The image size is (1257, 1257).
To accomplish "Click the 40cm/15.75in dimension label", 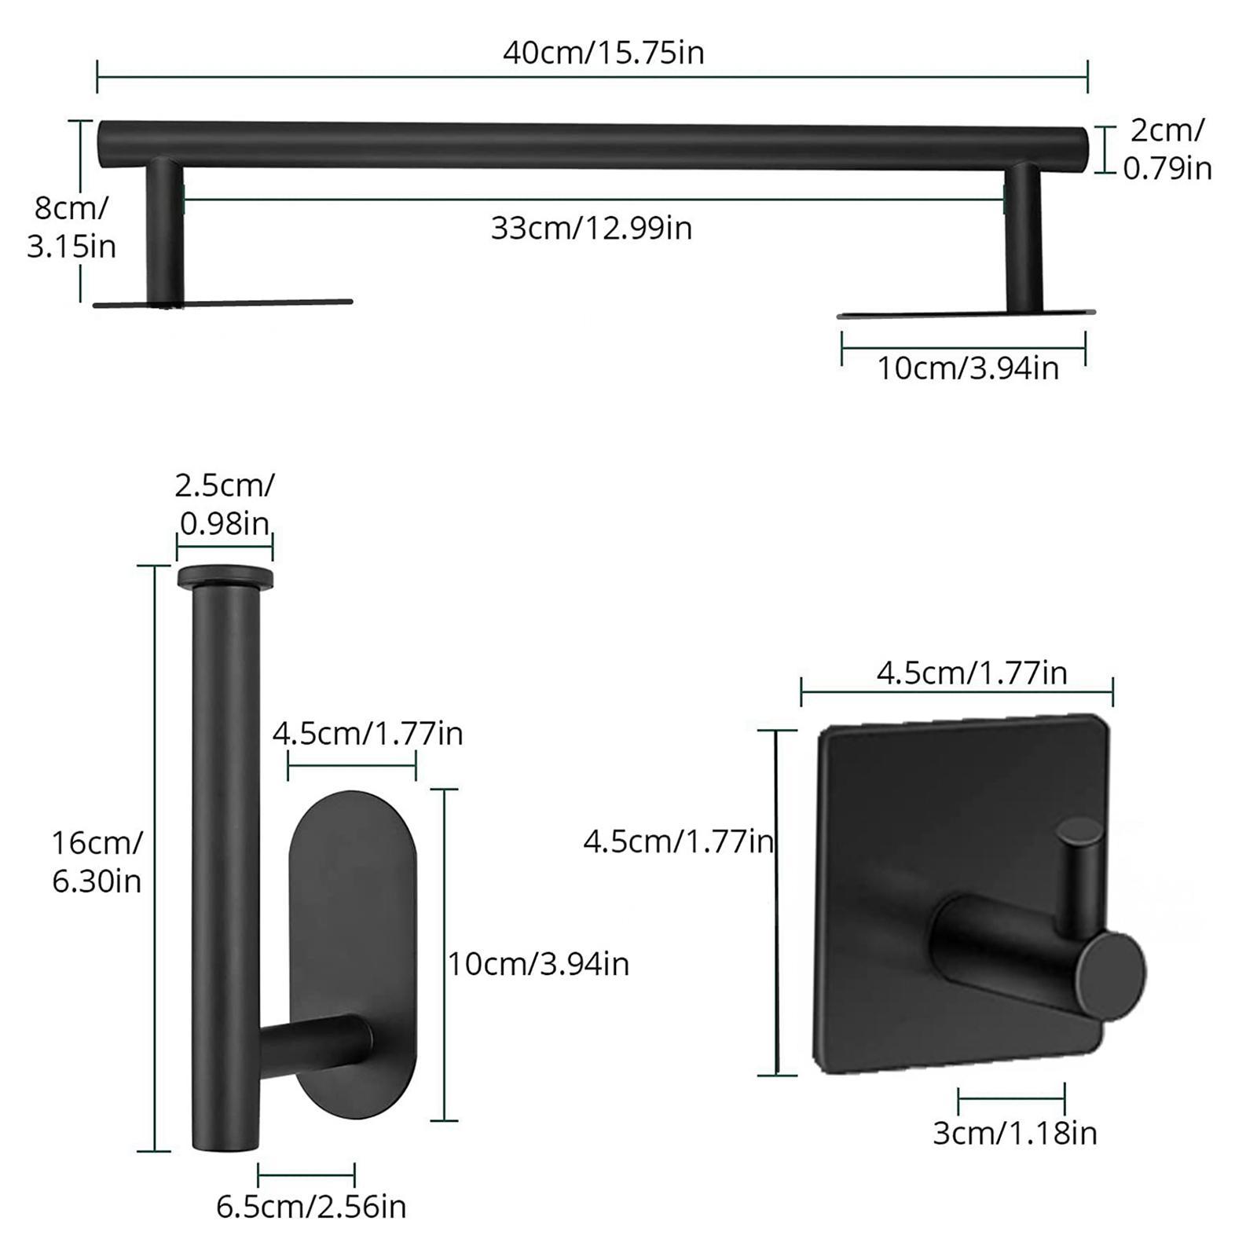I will click(603, 53).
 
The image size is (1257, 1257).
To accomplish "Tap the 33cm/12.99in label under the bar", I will click(591, 229).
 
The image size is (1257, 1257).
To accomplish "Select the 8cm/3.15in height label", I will click(71, 228).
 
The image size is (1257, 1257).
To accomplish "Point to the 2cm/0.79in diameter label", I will click(1167, 149).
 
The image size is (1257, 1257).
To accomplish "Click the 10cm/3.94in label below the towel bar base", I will click(967, 368).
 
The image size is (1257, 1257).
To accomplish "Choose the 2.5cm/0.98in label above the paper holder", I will click(225, 504).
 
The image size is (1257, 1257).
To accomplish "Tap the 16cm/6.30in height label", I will click(97, 862).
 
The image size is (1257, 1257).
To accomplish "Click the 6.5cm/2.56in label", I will click(311, 1207).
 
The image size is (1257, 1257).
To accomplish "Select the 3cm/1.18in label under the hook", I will click(1014, 1133).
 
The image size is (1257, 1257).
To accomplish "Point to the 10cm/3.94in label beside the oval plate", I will click(538, 963).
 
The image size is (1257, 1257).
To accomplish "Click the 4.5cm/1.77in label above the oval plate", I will click(368, 734).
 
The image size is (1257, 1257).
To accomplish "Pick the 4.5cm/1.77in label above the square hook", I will click(972, 673).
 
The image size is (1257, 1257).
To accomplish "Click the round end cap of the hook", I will click(1115, 973).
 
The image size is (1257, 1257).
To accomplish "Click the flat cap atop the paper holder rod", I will click(225, 577).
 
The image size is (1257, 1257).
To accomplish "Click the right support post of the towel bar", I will click(1023, 236).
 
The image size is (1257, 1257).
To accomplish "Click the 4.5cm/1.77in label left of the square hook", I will click(678, 842).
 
